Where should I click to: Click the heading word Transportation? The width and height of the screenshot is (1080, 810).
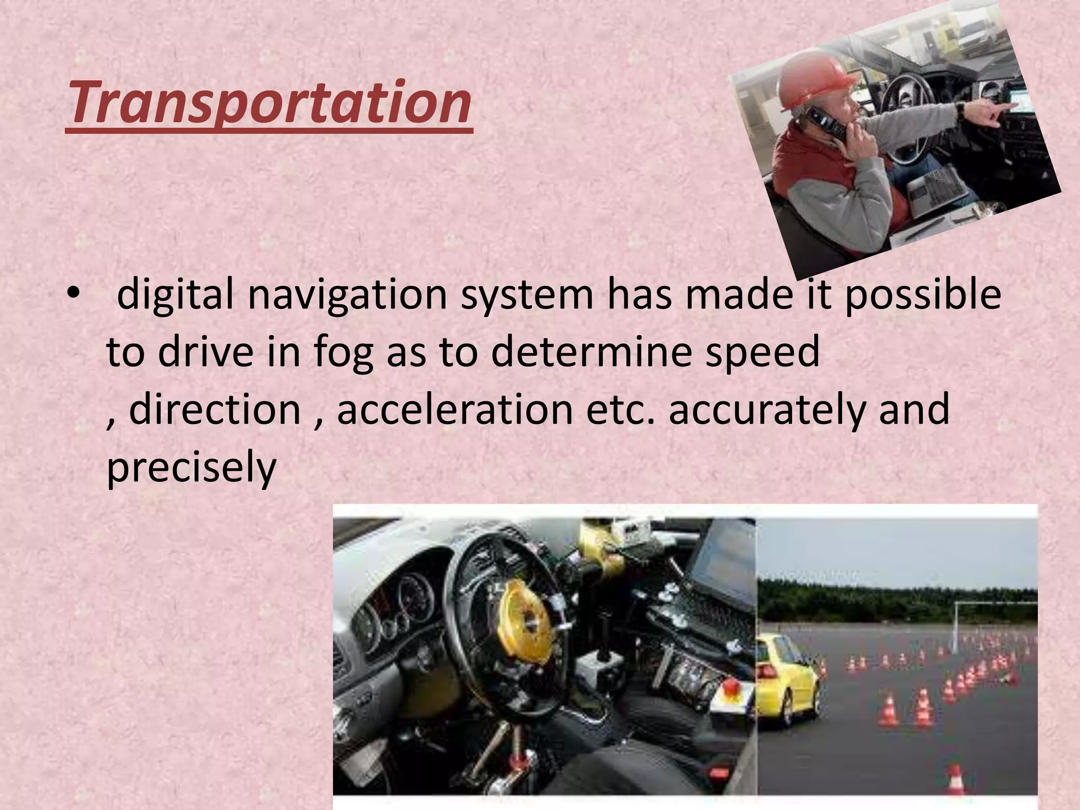(269, 102)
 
